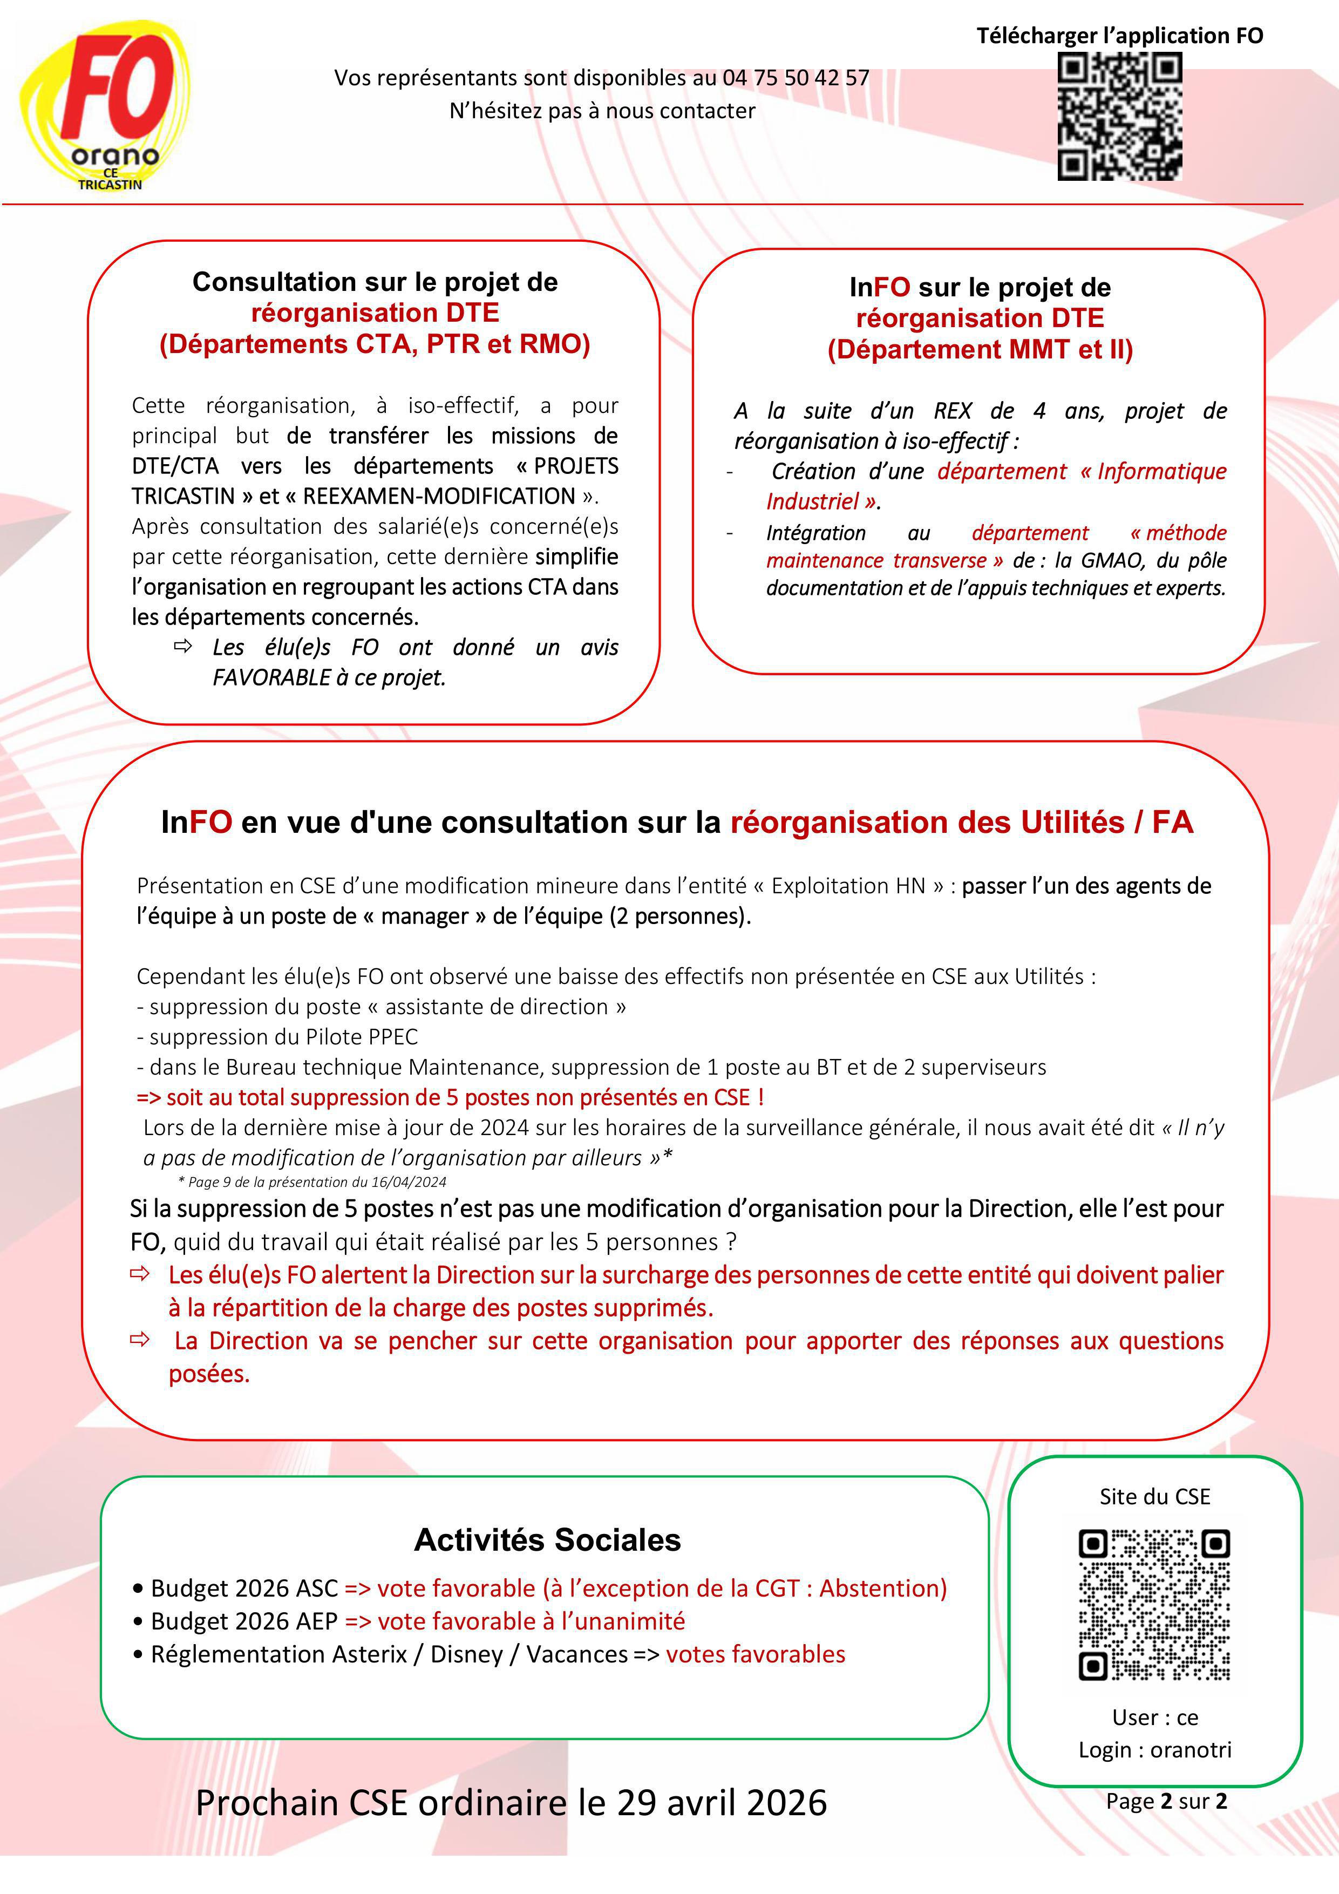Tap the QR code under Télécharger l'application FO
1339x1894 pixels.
pyautogui.click(x=1119, y=116)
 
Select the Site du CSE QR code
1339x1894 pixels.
pyautogui.click(x=1154, y=1605)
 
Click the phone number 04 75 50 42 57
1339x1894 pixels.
pyautogui.click(x=796, y=78)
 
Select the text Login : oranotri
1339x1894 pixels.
pyautogui.click(x=1154, y=1750)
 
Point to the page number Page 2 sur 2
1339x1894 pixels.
pyautogui.click(x=1166, y=1801)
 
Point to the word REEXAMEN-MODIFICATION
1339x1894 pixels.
pyautogui.click(x=439, y=496)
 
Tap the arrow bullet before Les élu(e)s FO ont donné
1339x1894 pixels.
pyautogui.click(x=182, y=646)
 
